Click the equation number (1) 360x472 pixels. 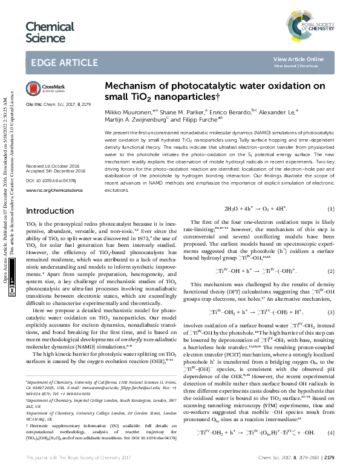click(x=330, y=209)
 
